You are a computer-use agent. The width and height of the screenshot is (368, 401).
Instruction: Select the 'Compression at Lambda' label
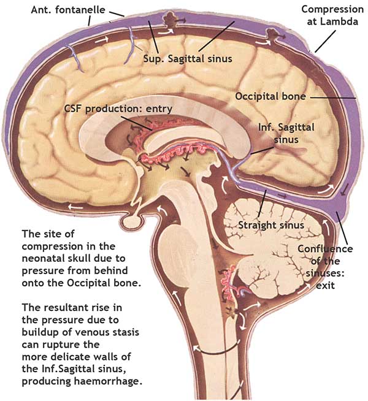[331, 15]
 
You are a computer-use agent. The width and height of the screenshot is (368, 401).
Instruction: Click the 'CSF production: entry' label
[118, 109]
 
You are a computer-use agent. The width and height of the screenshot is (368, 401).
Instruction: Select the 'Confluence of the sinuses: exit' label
[325, 267]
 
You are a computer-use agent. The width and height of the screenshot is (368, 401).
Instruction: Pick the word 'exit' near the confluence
[324, 286]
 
